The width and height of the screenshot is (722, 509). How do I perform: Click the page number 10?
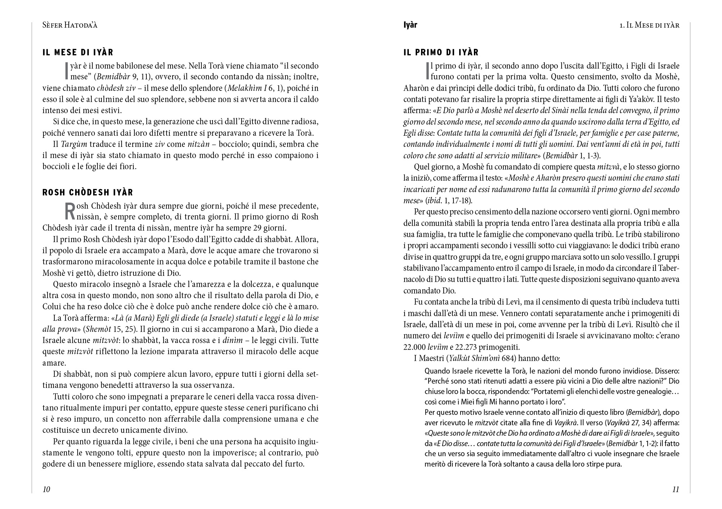pyautogui.click(x=46, y=489)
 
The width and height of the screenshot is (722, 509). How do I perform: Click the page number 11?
pyautogui.click(x=675, y=489)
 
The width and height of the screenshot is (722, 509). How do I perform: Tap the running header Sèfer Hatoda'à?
pyautogui.click(x=70, y=25)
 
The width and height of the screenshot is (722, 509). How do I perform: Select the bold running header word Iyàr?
pyautogui.click(x=410, y=25)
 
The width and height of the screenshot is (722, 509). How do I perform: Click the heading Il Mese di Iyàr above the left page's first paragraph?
pyautogui.click(x=78, y=52)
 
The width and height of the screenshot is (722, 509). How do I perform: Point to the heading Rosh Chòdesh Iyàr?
pyautogui.click(x=88, y=192)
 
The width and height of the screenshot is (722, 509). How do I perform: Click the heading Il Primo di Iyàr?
pyautogui.click(x=441, y=52)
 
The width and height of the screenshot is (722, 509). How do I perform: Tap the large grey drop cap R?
pyautogui.click(x=70, y=212)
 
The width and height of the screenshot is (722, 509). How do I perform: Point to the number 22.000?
pyautogui.click(x=414, y=347)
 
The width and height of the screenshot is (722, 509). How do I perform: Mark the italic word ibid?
pyautogui.click(x=434, y=200)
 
